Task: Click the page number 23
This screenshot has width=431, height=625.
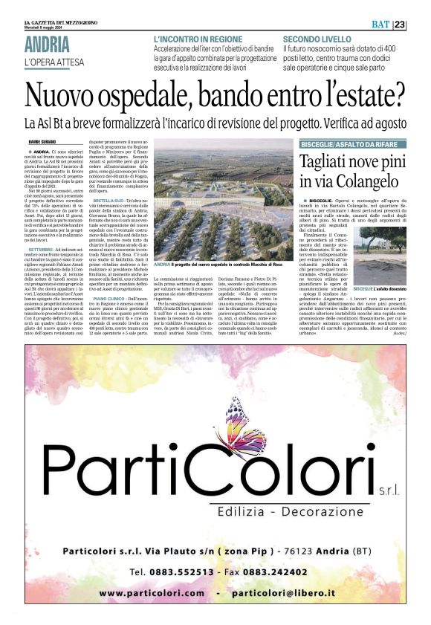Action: (400, 25)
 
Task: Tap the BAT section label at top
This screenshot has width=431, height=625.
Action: (380, 25)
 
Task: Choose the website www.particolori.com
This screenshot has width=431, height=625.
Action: (152, 593)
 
